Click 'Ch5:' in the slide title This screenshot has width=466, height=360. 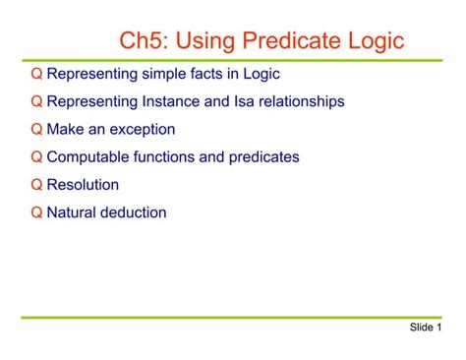[x=145, y=41]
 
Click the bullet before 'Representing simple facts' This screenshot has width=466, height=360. [x=37, y=74]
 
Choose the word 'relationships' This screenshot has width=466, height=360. [x=299, y=101]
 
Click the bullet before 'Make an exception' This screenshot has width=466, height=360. [x=37, y=129]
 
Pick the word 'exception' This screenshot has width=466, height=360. [x=142, y=129]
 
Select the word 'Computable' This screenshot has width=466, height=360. [x=86, y=156]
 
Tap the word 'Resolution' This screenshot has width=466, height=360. [x=83, y=184]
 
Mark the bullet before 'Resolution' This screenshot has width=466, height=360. [x=37, y=184]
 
